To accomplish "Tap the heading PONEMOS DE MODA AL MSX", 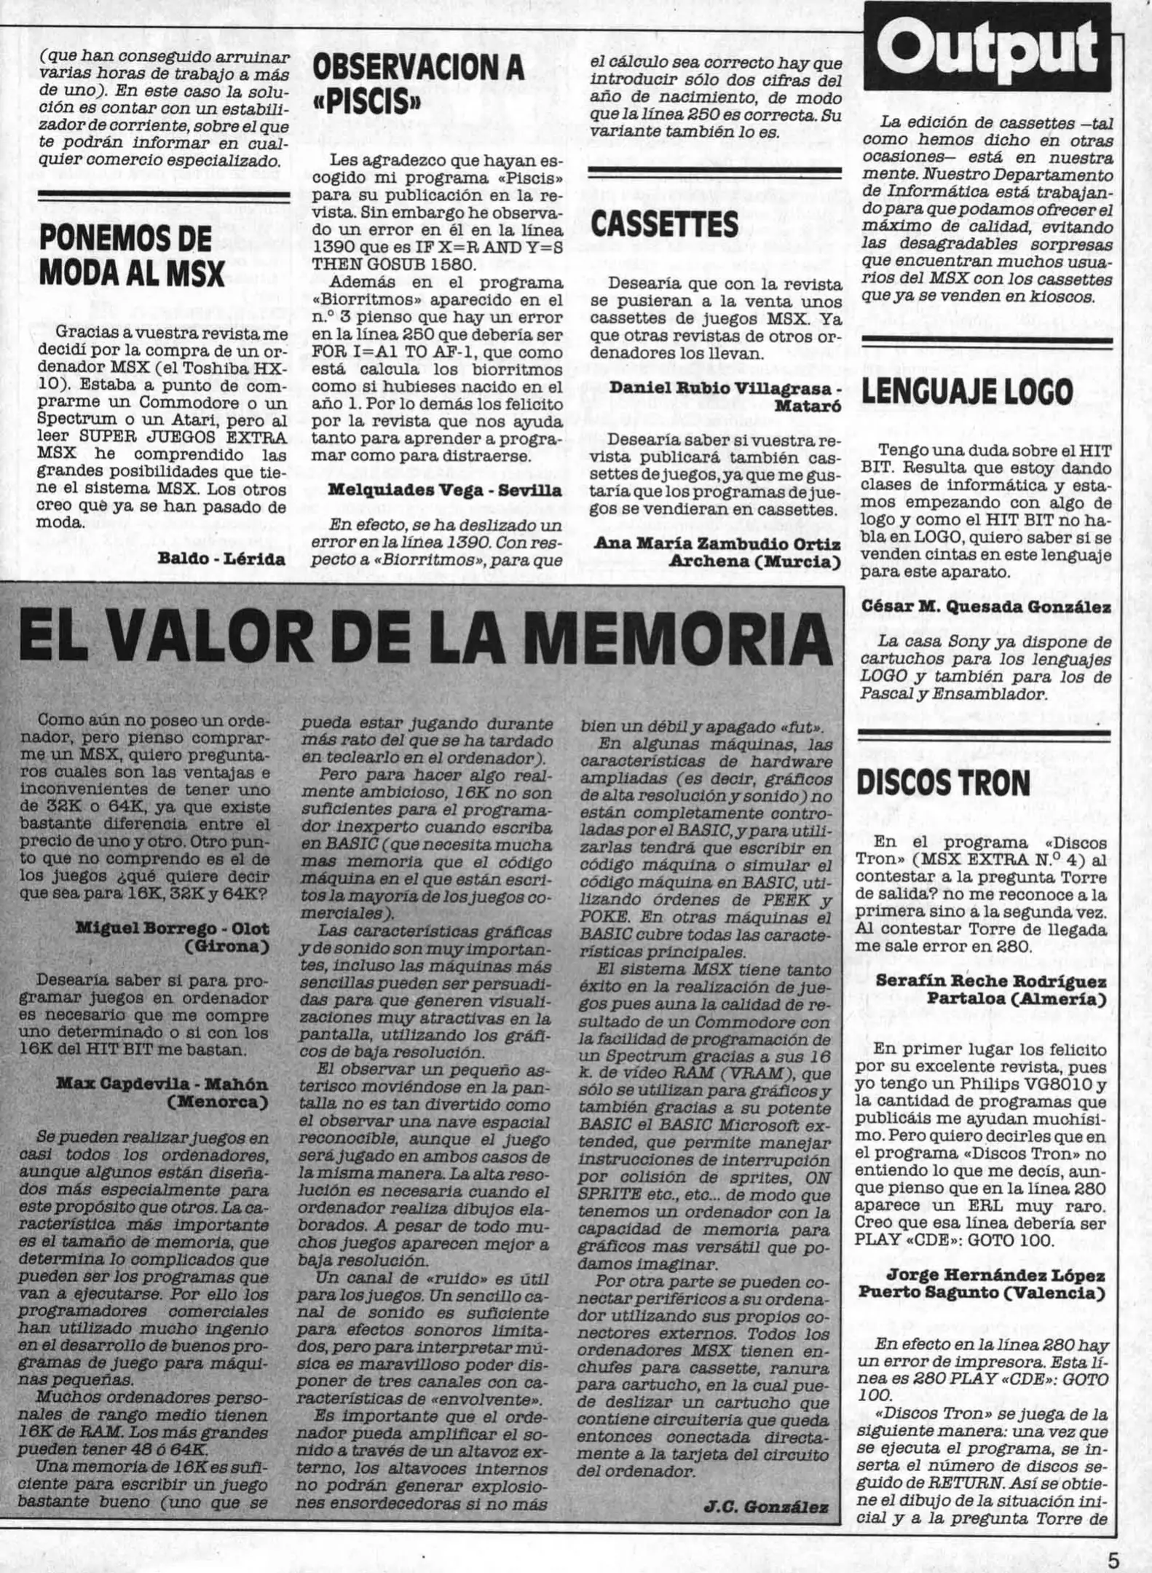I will pos(131,255).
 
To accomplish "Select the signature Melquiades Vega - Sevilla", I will pos(444,490).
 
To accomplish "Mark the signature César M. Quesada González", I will pos(986,607).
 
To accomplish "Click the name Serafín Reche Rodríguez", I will pos(990,980).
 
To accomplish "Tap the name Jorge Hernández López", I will pos(995,1276).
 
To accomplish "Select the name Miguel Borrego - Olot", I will pos(172,928).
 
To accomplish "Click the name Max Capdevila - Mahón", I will pos(162,1084).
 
